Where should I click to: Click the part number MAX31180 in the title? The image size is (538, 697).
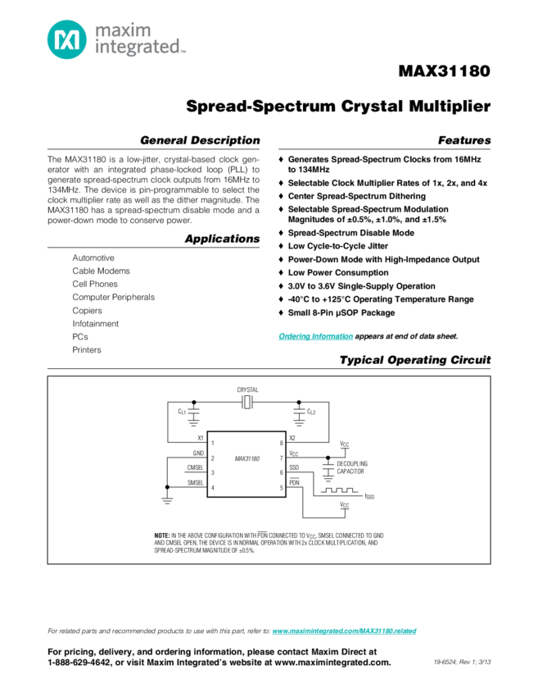445,71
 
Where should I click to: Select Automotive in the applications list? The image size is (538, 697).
93,257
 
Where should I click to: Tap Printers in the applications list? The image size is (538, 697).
87,349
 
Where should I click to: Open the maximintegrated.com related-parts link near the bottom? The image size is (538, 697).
344,631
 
